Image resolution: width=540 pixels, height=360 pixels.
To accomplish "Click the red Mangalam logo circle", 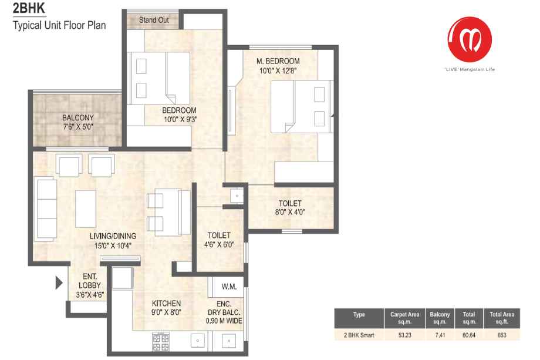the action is [x=470, y=39].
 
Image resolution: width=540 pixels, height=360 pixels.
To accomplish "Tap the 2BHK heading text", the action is [x=29, y=8].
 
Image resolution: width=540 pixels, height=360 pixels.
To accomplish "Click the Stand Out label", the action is [x=154, y=20].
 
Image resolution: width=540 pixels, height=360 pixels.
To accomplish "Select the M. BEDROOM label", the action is [x=278, y=61].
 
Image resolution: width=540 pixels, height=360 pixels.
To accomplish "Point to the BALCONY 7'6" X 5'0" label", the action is [x=78, y=122].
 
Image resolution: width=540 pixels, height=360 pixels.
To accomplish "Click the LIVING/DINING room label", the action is [x=113, y=236].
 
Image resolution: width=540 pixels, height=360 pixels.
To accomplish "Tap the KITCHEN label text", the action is [x=166, y=303].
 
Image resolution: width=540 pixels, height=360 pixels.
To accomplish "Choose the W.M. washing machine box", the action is [x=226, y=286].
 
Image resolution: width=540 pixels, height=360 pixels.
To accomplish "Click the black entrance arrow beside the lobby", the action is [x=59, y=283].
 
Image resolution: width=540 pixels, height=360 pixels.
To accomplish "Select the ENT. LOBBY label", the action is [x=90, y=281].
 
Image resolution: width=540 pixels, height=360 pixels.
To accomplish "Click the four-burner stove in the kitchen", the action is [x=160, y=341].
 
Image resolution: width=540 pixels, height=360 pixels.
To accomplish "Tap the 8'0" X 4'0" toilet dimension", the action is [x=290, y=212].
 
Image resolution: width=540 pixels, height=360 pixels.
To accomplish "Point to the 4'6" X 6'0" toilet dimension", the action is [x=219, y=244].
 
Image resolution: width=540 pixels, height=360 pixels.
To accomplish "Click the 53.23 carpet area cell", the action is [x=404, y=335].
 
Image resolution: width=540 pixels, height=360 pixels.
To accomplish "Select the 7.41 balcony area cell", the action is [x=440, y=335].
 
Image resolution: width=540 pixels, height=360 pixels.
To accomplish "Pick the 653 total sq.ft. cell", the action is [x=502, y=335].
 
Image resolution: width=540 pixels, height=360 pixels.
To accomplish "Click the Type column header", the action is [x=359, y=315].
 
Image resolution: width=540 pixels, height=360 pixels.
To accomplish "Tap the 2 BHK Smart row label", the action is [x=359, y=335].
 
